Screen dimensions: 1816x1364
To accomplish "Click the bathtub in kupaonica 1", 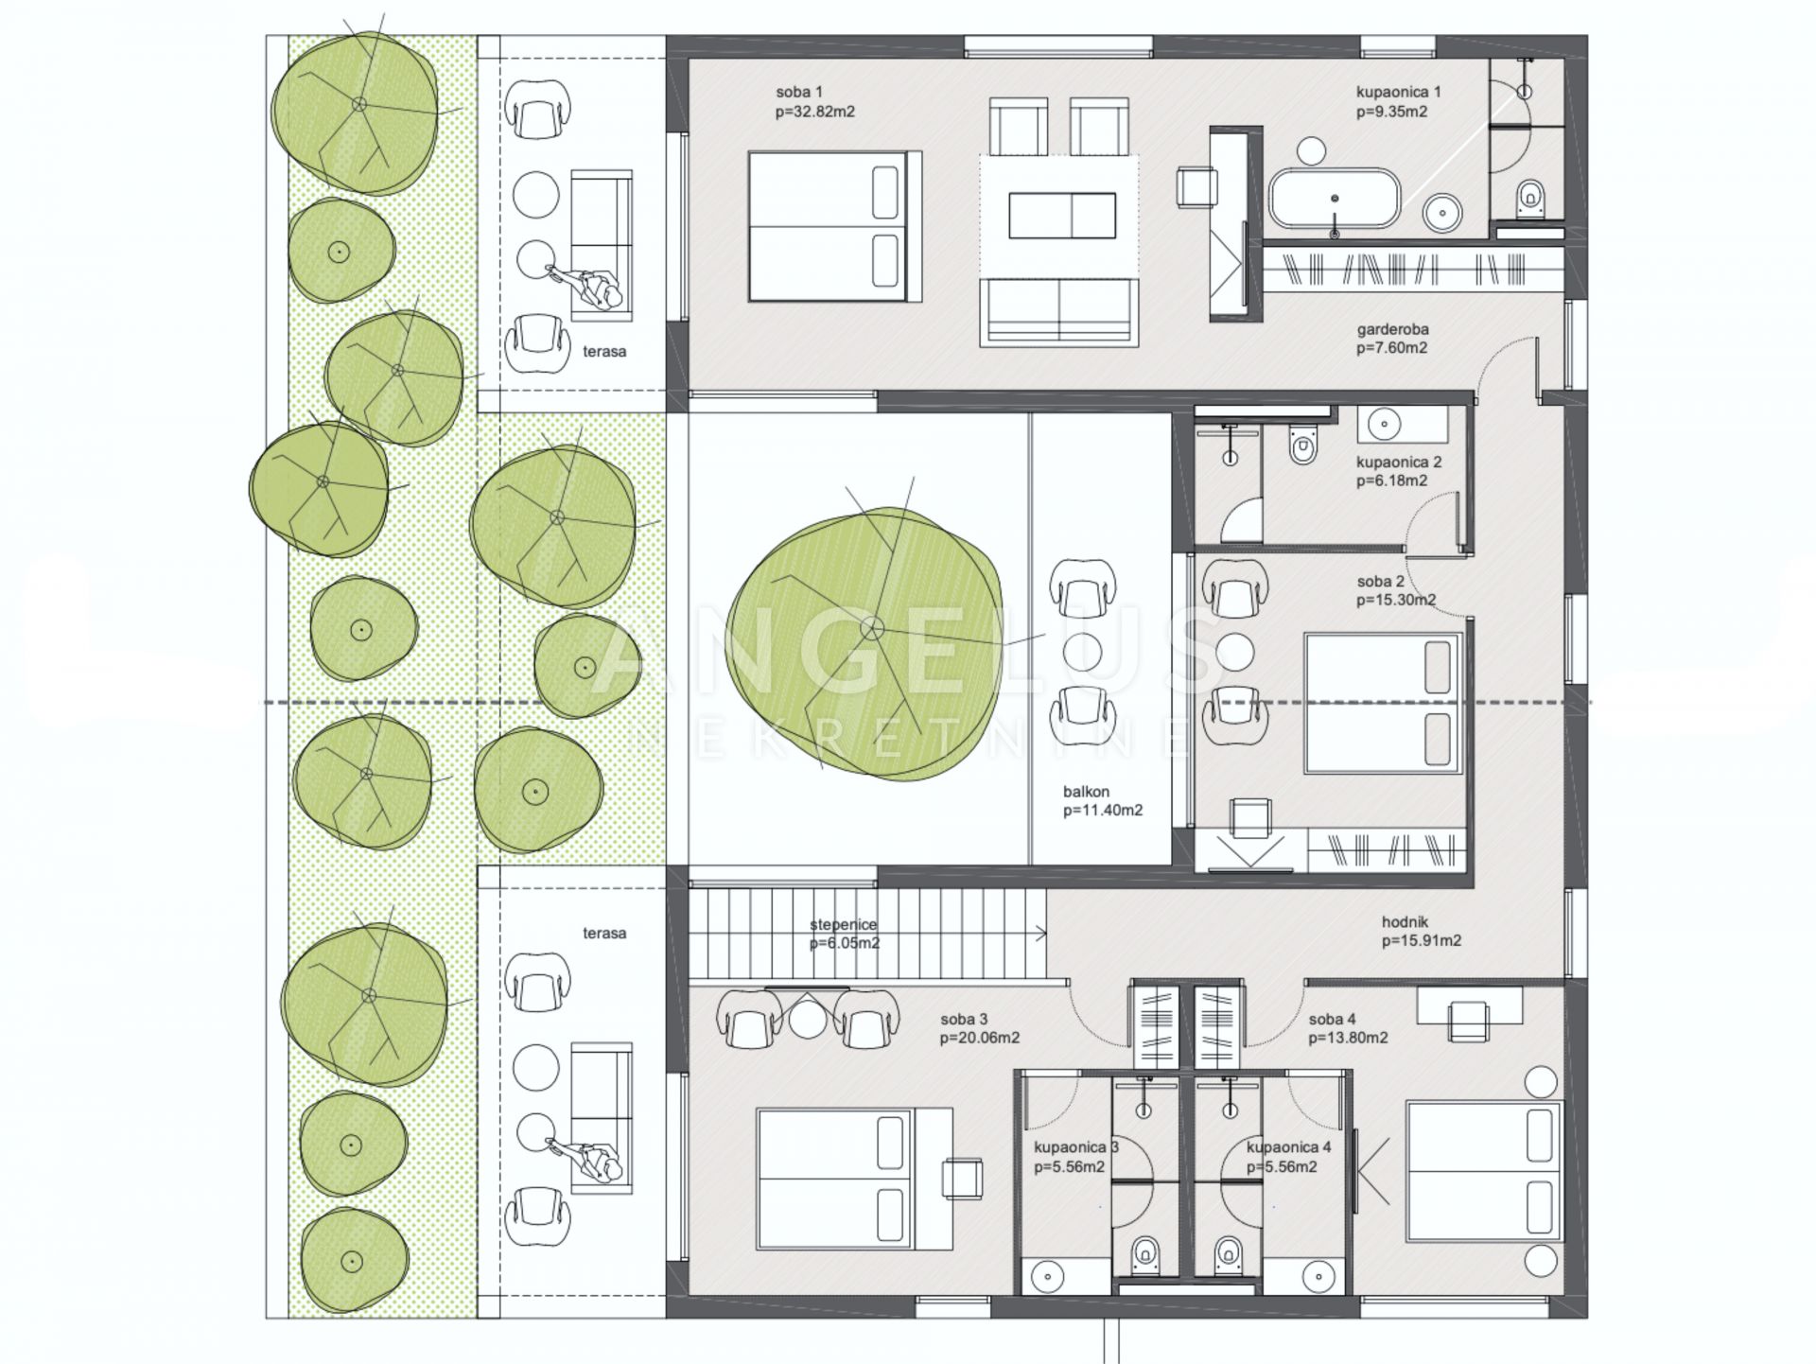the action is tap(1334, 199).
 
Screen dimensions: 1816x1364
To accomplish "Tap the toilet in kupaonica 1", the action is tap(1529, 196).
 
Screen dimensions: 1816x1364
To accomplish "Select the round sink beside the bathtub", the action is tap(1442, 212).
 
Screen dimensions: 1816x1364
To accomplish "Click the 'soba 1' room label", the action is tap(799, 92).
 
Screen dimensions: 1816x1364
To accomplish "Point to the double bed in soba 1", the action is tap(835, 226).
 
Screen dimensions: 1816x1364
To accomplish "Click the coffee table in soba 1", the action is tap(1062, 216).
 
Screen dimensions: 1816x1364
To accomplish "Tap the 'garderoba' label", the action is tap(1392, 329).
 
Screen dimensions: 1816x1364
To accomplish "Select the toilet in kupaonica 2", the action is tap(1302, 444).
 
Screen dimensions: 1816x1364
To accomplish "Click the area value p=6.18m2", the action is tap(1391, 481).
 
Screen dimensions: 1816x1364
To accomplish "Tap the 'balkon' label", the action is tap(1086, 792).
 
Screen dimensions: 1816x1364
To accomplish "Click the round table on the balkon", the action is tap(1083, 652).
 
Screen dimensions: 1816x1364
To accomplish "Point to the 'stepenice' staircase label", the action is tap(843, 925).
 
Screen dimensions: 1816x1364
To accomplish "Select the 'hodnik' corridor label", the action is tap(1405, 921).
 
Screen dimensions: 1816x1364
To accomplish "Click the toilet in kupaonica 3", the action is tap(1145, 1250).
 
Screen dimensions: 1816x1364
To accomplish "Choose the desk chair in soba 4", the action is tap(1467, 1022).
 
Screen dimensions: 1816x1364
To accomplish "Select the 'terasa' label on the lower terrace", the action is tap(604, 933).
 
